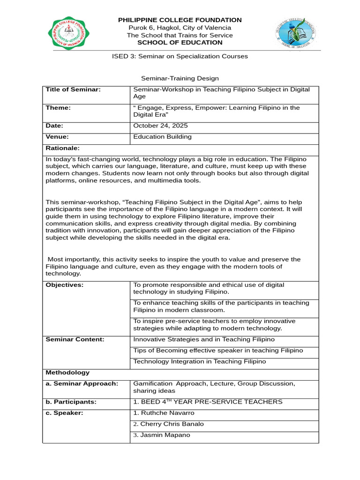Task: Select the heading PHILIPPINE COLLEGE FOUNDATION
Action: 180,20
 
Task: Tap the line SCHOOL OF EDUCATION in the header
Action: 180,43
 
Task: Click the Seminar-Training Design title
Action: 180,78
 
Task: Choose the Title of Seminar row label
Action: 73,90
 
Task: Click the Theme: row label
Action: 58,108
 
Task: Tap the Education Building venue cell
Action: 162,137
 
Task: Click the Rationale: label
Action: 63,148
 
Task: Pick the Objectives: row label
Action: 64,285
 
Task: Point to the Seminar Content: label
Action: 75,339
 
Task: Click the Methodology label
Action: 67,373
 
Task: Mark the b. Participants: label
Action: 71,402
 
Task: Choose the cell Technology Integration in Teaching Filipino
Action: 200,361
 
